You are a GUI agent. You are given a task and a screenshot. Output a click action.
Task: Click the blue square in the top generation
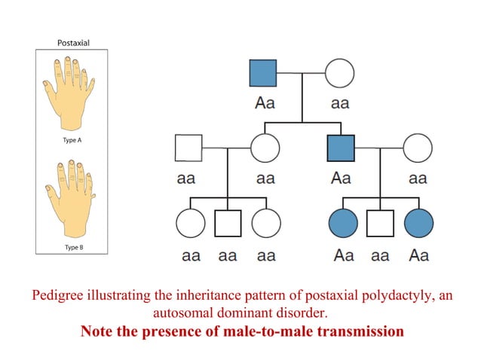(263, 74)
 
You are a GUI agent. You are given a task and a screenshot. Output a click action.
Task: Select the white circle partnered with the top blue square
(339, 74)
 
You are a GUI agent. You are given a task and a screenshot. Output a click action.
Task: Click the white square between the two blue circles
(379, 223)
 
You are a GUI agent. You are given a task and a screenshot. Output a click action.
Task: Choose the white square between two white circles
(227, 223)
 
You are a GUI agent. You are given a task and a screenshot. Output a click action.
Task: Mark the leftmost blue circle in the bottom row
(342, 223)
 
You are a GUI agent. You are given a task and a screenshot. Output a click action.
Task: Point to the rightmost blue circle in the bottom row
(418, 223)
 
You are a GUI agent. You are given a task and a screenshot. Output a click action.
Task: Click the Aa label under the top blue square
(264, 104)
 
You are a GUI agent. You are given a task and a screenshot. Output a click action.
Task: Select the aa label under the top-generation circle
(340, 104)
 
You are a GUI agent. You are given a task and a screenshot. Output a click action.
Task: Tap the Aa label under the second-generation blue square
(341, 178)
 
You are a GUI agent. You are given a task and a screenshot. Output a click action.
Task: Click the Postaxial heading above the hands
(73, 43)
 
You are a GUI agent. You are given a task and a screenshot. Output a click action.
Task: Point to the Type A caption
(72, 140)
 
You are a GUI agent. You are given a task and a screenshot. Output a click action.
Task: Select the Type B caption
(72, 246)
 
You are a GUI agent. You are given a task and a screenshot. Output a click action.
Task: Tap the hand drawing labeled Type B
(72, 196)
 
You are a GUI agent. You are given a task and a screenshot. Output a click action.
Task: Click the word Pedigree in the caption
(55, 296)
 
